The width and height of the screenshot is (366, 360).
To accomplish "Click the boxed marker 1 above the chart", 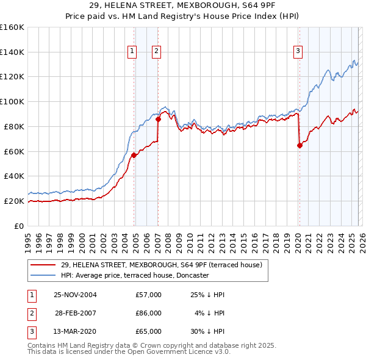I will pyautogui.click(x=132, y=52).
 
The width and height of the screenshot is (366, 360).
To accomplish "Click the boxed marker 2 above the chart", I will pyautogui.click(x=156, y=52).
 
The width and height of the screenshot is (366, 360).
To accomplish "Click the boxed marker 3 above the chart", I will pyautogui.click(x=298, y=52).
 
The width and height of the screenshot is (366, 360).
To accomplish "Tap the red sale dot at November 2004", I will pyautogui.click(x=134, y=155).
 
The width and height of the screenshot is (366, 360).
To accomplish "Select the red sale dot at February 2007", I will pyautogui.click(x=158, y=119).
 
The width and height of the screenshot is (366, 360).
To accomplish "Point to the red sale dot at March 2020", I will pyautogui.click(x=300, y=145).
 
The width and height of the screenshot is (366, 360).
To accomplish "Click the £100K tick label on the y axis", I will pyautogui.click(x=12, y=101).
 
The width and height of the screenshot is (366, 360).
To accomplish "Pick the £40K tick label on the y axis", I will pyautogui.click(x=14, y=176).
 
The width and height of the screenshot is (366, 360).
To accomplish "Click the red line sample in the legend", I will pyautogui.click(x=43, y=265).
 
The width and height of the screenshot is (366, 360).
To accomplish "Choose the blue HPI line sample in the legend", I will pyautogui.click(x=43, y=275).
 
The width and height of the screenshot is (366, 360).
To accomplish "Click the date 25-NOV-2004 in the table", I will pyautogui.click(x=75, y=295).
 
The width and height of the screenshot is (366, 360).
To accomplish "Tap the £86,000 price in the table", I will pyautogui.click(x=148, y=313).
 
